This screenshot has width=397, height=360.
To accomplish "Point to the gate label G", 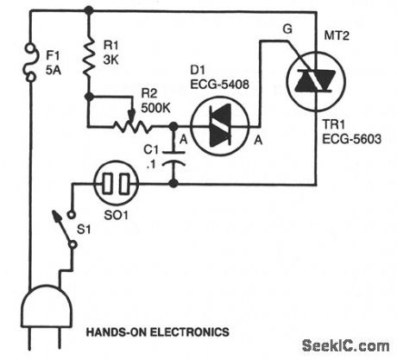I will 287,29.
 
